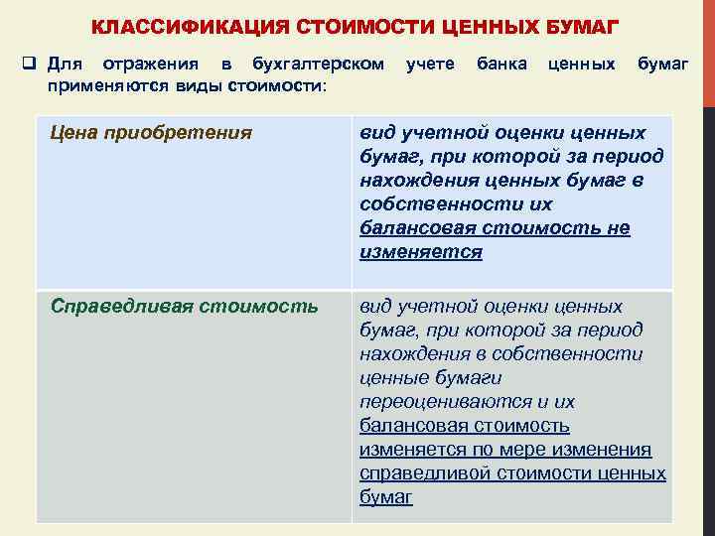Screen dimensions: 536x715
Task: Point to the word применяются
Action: click(98, 86)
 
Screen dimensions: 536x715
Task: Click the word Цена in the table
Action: click(76, 132)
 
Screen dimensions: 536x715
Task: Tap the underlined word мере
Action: click(520, 450)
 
